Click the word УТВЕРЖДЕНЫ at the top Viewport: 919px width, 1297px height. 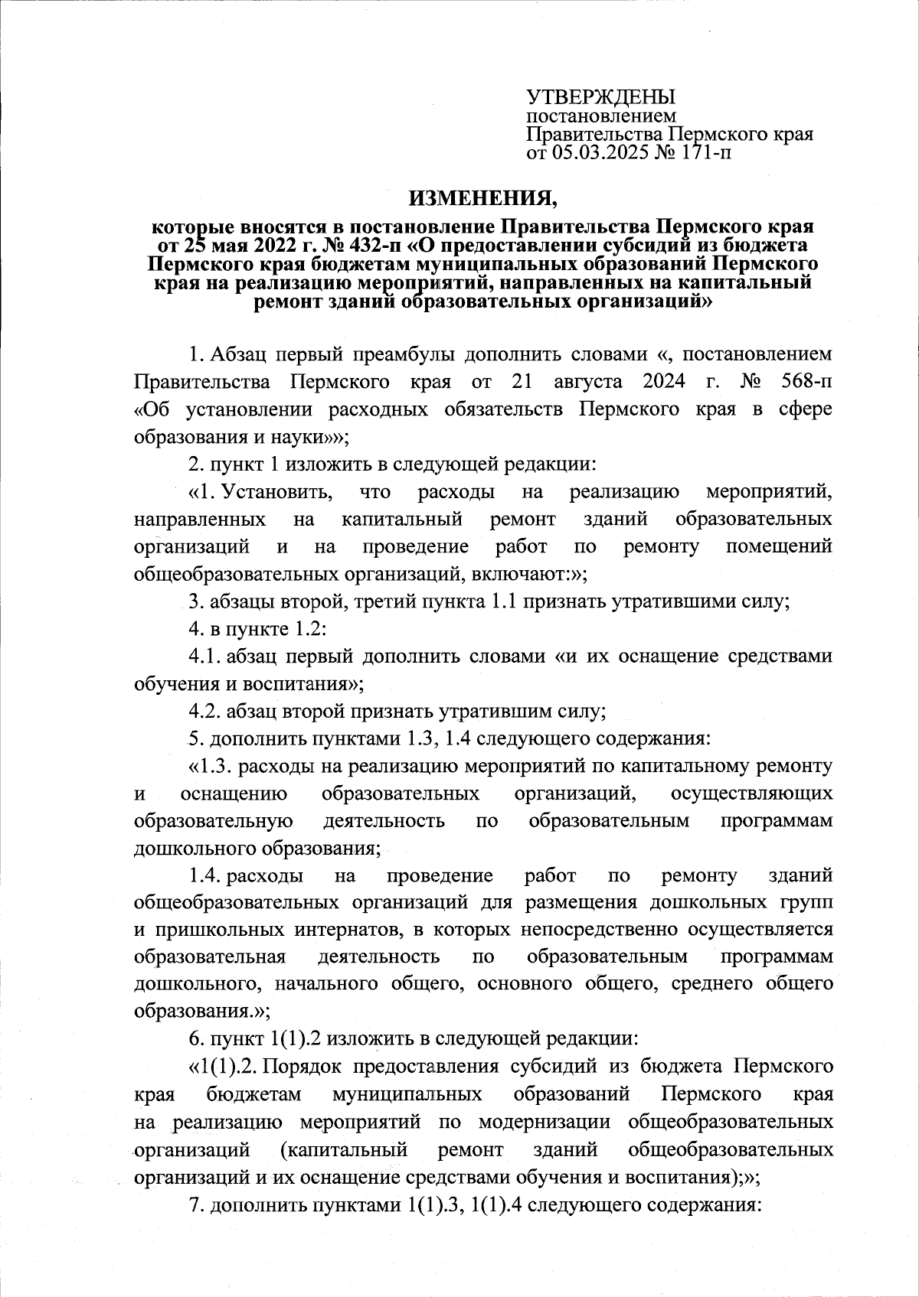pyautogui.click(x=600, y=97)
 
